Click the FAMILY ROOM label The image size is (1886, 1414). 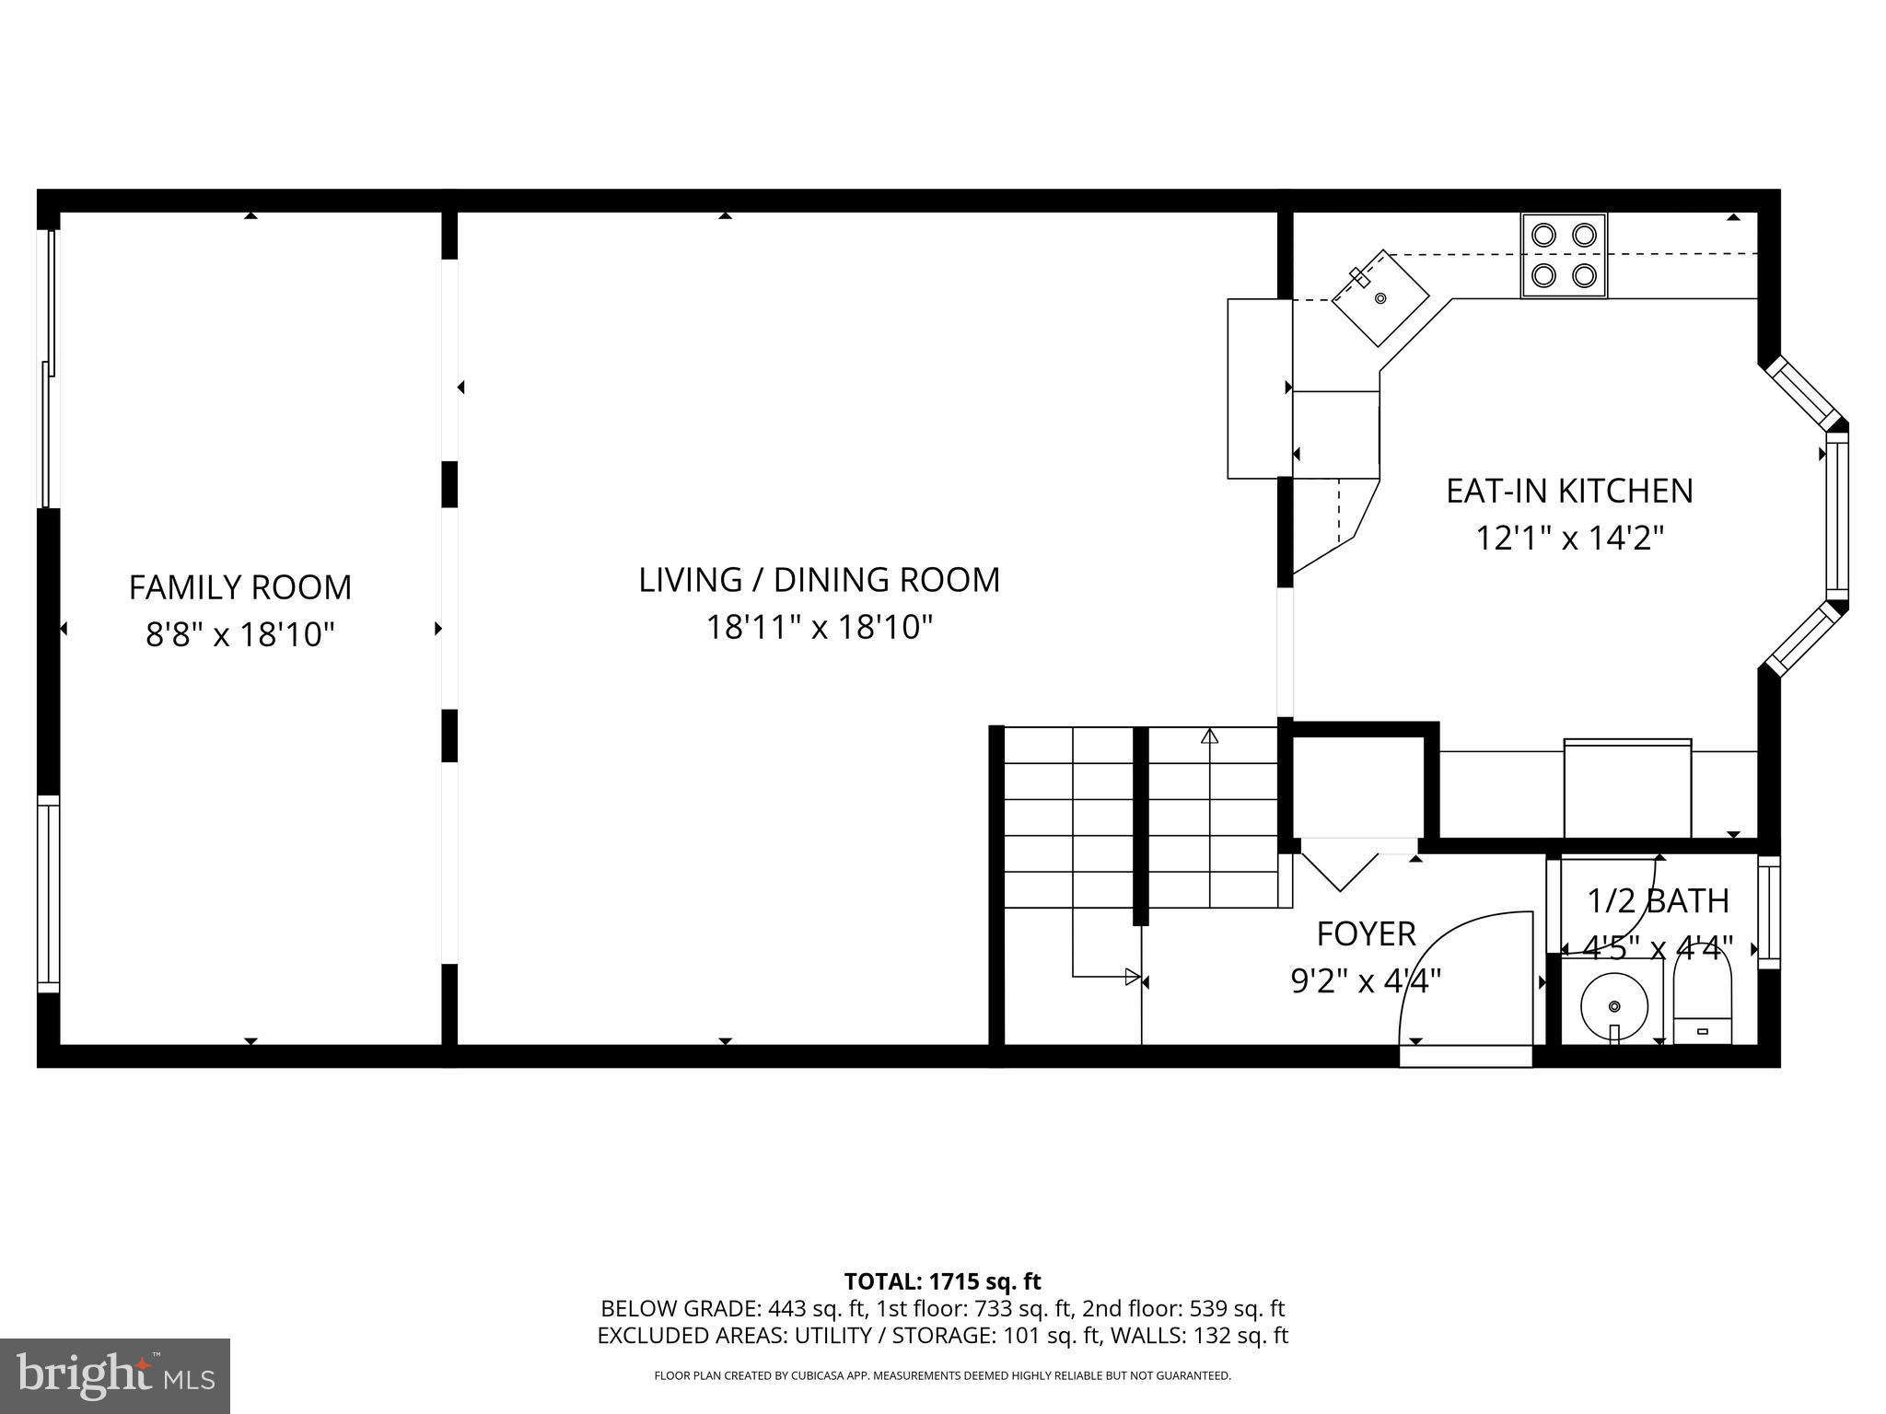[239, 587]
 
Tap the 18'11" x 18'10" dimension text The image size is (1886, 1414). [820, 628]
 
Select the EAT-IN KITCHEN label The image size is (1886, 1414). [1569, 491]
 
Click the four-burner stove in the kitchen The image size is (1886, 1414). [1564, 255]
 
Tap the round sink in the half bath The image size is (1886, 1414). [1613, 1004]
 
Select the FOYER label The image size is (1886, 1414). [1366, 934]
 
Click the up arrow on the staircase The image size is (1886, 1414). [1210, 736]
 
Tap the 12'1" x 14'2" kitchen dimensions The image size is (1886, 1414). [1569, 538]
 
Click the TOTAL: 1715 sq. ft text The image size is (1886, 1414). [942, 1281]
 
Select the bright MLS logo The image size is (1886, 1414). [114, 1375]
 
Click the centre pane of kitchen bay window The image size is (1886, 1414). [1836, 516]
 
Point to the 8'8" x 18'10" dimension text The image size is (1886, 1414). [239, 635]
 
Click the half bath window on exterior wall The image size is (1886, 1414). [1769, 912]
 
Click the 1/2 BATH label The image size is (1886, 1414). [1658, 901]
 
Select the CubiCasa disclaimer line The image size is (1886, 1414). [942, 1376]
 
